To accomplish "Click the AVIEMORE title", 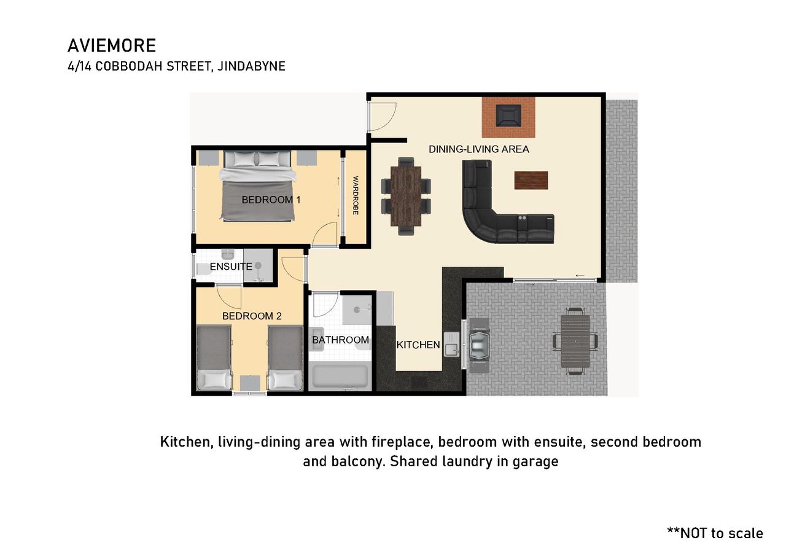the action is (x=112, y=45).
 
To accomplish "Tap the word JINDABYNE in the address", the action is (x=251, y=66).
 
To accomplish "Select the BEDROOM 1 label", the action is (x=271, y=200).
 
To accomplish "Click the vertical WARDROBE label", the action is (x=356, y=195).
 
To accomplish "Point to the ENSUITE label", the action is (x=231, y=267).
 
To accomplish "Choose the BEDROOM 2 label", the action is (x=252, y=316).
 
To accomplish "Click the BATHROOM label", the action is (x=340, y=340).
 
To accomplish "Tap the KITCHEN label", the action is (x=418, y=345).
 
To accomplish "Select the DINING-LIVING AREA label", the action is (x=479, y=149).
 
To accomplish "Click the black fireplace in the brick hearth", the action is (x=508, y=116).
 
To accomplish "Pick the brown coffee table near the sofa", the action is (x=531, y=181).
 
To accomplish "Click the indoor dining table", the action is (x=406, y=196).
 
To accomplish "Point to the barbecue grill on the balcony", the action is (x=479, y=345).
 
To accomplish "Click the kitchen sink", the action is (x=451, y=345).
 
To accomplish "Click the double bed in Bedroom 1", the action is (x=257, y=186).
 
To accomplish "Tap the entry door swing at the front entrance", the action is (x=383, y=117).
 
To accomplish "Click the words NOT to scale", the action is (x=722, y=533).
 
